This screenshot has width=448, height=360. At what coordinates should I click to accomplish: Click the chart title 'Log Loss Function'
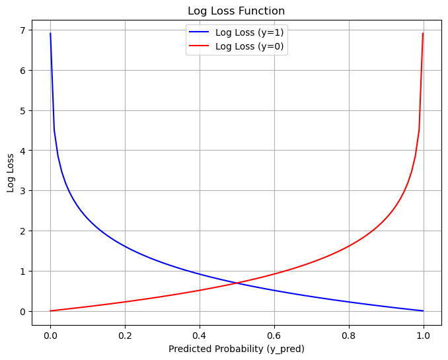coord(237,11)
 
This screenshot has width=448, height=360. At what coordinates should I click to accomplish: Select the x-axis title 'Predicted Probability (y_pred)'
coord(237,348)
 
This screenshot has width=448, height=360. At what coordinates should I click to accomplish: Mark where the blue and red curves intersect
coord(237,283)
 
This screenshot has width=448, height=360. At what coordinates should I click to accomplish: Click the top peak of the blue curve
coord(50,34)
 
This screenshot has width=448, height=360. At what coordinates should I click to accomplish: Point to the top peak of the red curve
coord(423,34)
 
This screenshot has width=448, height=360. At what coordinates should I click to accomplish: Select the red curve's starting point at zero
coord(50,310)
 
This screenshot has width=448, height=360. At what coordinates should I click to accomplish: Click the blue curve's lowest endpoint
coord(423,310)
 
